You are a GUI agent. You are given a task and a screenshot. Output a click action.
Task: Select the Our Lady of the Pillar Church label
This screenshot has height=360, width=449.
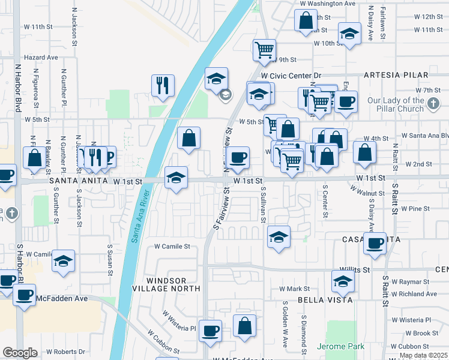click(396, 105)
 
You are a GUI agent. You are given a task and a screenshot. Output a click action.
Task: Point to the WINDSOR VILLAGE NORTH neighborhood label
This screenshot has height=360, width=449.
click(174, 284)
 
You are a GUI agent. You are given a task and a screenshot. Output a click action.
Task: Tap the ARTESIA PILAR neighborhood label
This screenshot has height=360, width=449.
click(396, 75)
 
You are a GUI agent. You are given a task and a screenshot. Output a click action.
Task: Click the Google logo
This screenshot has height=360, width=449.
click(20, 353)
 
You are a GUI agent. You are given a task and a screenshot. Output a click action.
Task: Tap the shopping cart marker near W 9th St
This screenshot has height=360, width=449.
click(264, 50)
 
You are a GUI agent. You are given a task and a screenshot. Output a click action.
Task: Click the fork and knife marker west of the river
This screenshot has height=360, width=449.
click(162, 85)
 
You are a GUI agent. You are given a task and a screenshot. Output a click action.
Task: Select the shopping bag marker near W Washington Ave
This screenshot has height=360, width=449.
click(306, 20)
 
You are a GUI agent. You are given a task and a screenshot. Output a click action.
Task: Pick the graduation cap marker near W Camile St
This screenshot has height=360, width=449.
click(63, 260)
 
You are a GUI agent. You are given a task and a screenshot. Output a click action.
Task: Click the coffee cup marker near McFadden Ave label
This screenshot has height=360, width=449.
click(24, 295)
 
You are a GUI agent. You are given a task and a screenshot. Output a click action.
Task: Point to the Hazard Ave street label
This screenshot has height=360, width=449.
click(41, 58)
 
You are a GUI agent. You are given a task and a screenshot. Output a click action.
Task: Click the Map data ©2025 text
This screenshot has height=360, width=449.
click(423, 355)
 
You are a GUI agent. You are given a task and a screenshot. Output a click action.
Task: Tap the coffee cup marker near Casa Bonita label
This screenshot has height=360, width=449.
click(375, 243)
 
